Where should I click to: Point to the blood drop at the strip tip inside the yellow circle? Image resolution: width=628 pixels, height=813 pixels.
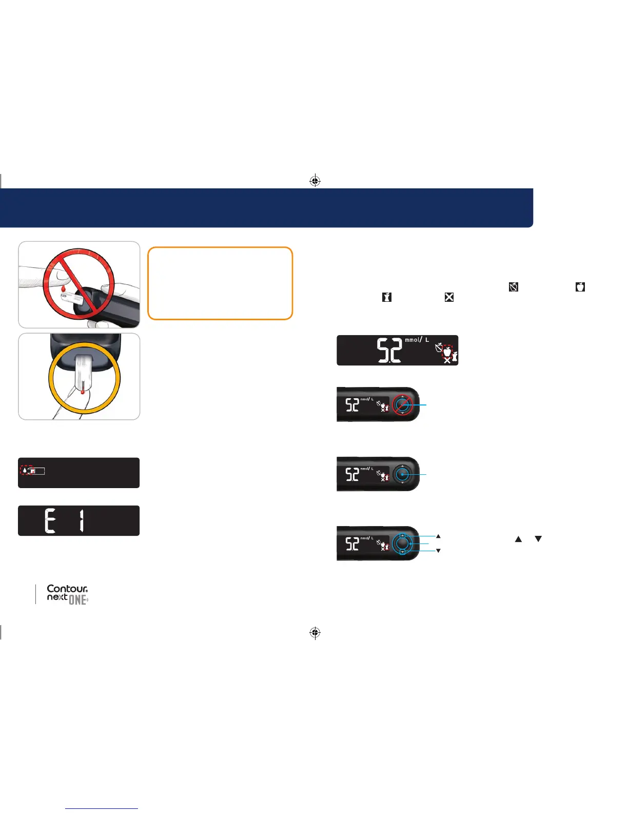coord(82,392)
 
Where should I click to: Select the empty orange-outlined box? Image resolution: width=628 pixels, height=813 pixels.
coord(220,283)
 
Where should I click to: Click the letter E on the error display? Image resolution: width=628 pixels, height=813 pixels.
coord(50,521)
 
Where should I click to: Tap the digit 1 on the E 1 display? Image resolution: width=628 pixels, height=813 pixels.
coord(81,521)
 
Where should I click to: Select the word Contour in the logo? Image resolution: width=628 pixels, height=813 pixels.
coord(67,589)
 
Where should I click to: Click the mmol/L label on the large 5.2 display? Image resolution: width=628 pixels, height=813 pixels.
coord(417,340)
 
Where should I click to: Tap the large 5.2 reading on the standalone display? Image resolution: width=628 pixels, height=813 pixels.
coord(389,351)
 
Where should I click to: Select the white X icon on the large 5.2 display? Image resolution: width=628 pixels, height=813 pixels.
coord(447,360)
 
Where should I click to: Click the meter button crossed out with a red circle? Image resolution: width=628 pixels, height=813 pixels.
coord(402,405)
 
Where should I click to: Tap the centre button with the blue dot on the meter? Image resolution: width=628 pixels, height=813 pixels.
coord(402,474)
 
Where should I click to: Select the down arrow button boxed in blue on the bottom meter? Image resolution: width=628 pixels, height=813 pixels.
coord(402,552)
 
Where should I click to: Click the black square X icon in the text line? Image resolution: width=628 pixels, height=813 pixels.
coord(449,297)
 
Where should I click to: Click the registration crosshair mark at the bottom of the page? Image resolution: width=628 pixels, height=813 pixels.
coord(315,633)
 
